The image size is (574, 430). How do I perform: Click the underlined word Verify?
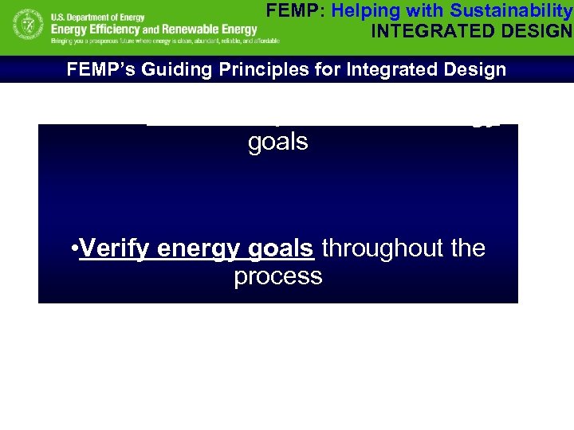pyautogui.click(x=116, y=248)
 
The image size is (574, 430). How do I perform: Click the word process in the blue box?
pyautogui.click(x=277, y=276)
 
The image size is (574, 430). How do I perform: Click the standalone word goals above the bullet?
pyautogui.click(x=277, y=142)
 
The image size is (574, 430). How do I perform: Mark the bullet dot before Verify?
pyautogui.click(x=74, y=249)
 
